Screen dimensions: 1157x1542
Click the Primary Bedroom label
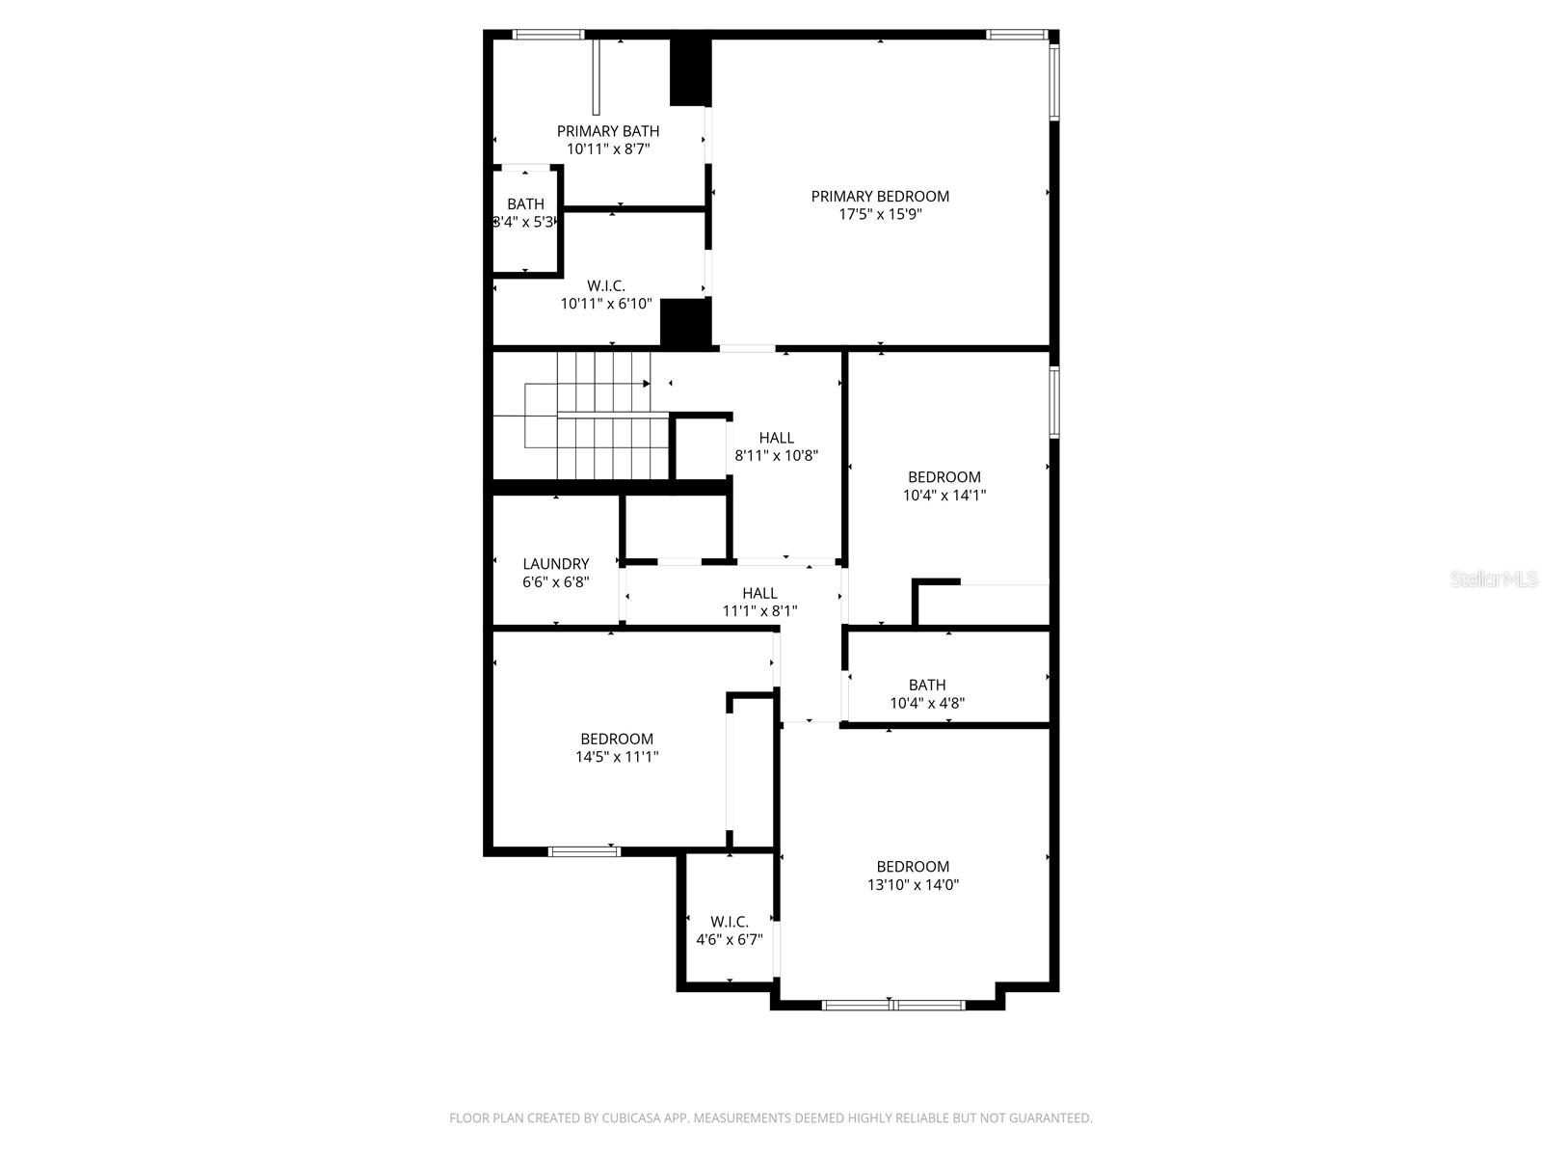(x=880, y=196)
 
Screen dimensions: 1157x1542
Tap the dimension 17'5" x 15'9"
(x=880, y=214)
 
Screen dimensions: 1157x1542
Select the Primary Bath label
(x=608, y=131)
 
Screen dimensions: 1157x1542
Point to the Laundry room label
(x=556, y=564)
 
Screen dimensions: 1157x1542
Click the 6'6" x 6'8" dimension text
(x=556, y=582)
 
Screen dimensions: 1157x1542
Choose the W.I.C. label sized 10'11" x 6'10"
(x=606, y=285)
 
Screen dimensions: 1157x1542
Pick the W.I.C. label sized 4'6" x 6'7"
(x=730, y=922)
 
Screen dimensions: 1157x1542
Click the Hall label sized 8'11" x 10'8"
(x=777, y=438)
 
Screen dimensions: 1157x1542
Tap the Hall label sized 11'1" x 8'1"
(x=760, y=593)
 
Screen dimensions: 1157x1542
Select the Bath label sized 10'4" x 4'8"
(x=927, y=686)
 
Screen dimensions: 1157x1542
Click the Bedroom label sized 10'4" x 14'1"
(x=944, y=477)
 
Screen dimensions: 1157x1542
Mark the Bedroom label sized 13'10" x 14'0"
(x=913, y=867)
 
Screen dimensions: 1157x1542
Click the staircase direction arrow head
(x=647, y=384)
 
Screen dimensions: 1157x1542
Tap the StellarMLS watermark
(x=1495, y=579)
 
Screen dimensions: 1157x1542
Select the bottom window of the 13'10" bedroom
(x=893, y=1005)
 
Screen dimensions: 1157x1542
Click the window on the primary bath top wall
(x=548, y=35)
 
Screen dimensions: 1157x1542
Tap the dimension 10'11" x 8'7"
(x=608, y=149)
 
